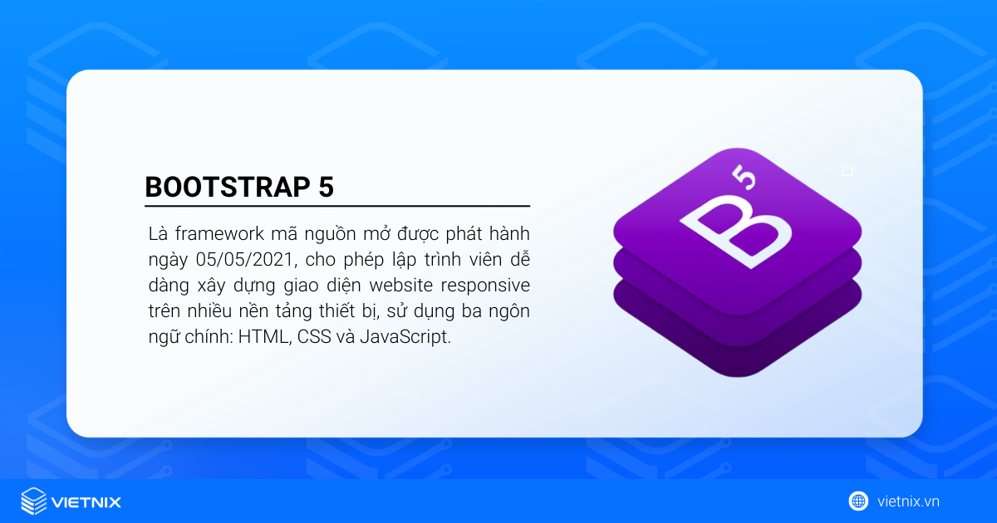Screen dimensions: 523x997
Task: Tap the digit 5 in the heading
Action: [326, 187]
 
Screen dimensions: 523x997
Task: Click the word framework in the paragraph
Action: [214, 233]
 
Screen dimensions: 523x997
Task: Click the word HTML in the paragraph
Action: [259, 338]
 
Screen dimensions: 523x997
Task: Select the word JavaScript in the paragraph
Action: [405, 338]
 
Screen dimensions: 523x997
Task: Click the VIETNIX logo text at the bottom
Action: [86, 501]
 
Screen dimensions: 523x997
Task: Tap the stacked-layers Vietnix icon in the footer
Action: [33, 501]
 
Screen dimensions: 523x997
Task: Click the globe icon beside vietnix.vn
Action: [858, 501]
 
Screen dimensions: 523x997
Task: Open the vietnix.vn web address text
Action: [908, 501]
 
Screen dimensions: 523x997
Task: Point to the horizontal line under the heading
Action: [336, 205]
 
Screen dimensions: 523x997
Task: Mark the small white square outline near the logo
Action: [847, 171]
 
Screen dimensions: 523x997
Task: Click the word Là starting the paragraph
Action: [155, 233]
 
